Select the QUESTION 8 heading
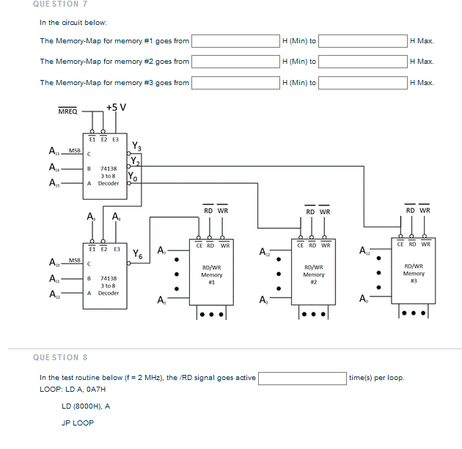[x=61, y=357]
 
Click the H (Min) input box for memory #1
[x=235, y=41]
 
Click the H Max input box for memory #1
[x=362, y=41]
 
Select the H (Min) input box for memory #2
[x=235, y=62]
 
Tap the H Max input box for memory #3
[x=362, y=82]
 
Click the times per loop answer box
[x=302, y=378]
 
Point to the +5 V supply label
[x=115, y=107]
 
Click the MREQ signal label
[x=67, y=112]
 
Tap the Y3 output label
[x=137, y=146]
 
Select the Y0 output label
[x=133, y=176]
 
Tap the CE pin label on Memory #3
[x=401, y=244]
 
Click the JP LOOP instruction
[x=78, y=423]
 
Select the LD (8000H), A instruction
[x=86, y=406]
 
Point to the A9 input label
[x=90, y=216]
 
